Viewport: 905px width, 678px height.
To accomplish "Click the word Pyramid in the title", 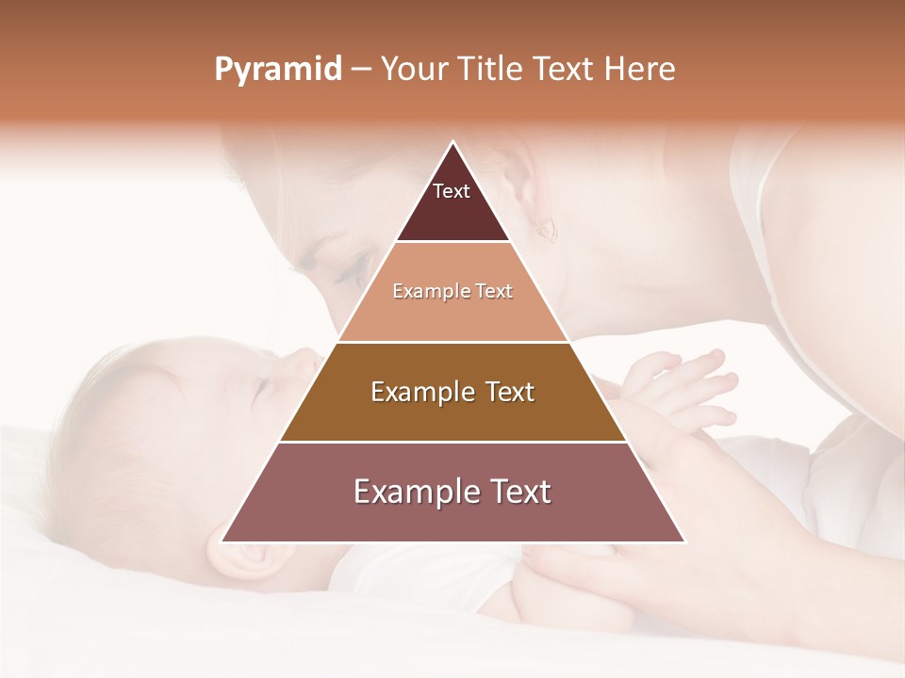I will coord(278,70).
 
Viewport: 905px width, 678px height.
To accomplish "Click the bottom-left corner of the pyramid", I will coord(222,541).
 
